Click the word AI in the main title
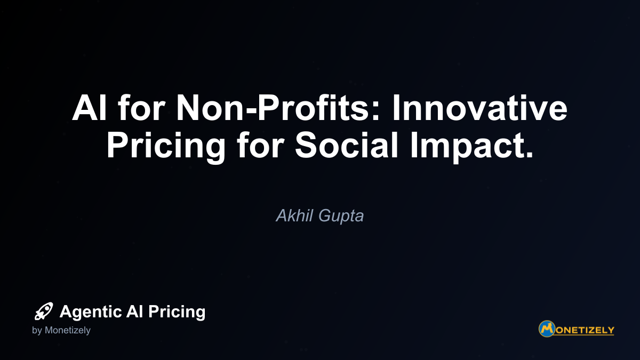[x=90, y=108]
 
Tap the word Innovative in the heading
[x=479, y=108]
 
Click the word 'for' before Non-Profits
[x=142, y=108]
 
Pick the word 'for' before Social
[x=260, y=145]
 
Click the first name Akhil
[x=294, y=215]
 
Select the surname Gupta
[x=341, y=217]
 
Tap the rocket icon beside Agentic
[x=44, y=311]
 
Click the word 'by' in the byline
[x=37, y=331]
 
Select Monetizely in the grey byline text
[x=68, y=331]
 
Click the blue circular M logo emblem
[x=547, y=329]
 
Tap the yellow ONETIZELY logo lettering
[x=585, y=330]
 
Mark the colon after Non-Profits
[x=377, y=111]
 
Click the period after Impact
[x=529, y=154]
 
